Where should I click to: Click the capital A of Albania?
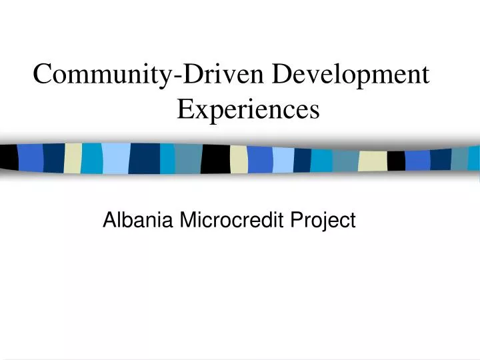point(110,219)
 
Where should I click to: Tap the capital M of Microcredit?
point(187,219)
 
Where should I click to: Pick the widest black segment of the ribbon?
point(215,159)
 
